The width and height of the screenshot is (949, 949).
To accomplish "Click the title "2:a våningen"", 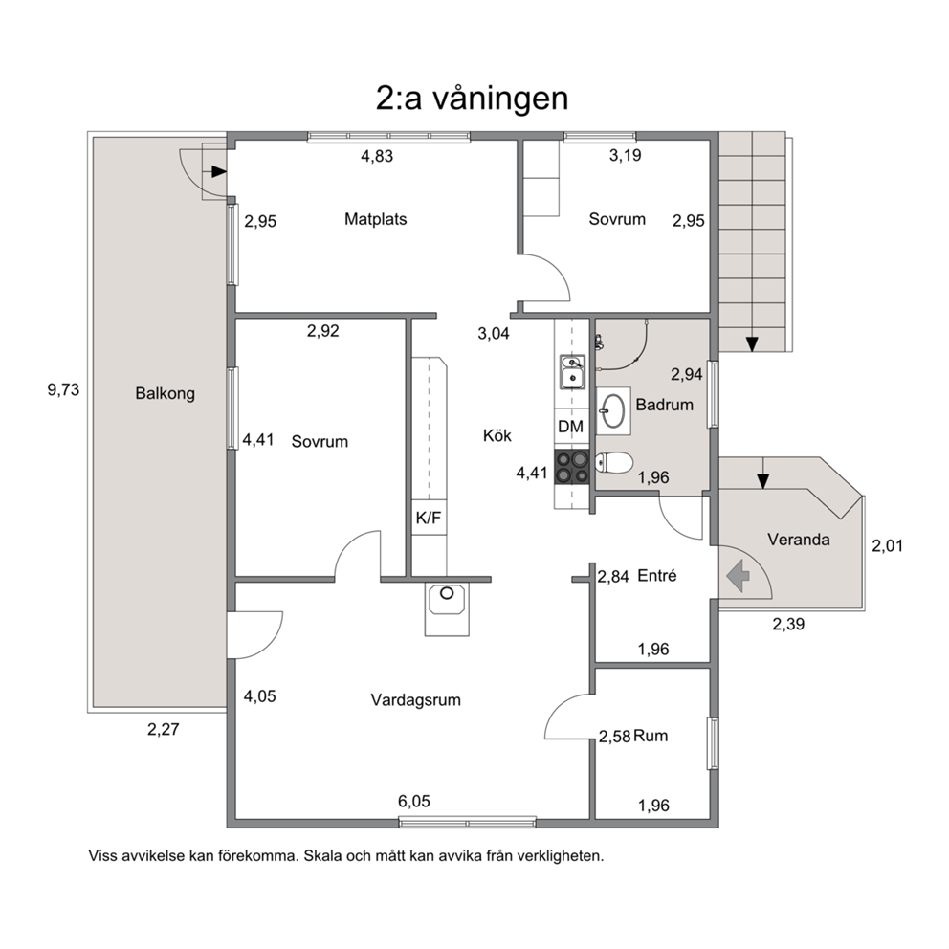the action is click(x=472, y=99).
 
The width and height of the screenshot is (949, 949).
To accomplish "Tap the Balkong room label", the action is click(x=165, y=394).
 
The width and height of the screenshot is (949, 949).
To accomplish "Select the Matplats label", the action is click(x=375, y=219).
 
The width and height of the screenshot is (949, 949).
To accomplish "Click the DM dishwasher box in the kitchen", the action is click(x=571, y=427).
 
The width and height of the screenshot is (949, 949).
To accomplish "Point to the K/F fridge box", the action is click(x=429, y=519).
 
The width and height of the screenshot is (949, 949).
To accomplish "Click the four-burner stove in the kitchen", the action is click(x=572, y=467).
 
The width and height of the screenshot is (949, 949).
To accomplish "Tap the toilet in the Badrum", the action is click(x=614, y=463).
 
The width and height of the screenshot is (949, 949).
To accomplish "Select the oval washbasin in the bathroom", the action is click(x=614, y=411).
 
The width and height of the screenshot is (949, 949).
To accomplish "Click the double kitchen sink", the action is click(x=571, y=371).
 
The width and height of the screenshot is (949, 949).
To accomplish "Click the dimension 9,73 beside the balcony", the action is click(x=63, y=389).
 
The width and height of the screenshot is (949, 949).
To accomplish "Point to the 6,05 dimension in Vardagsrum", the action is click(x=414, y=802).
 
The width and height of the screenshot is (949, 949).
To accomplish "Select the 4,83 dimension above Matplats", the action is click(x=377, y=156).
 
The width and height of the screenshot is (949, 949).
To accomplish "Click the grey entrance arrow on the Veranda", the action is click(x=738, y=576).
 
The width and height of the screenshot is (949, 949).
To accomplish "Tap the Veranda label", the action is click(x=798, y=540).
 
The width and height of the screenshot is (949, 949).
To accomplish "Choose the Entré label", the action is click(x=657, y=576).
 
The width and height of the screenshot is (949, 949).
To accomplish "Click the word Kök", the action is click(x=497, y=436).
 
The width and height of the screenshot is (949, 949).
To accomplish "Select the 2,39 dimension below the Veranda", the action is click(x=788, y=624).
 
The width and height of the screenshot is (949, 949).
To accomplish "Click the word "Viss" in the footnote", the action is click(x=102, y=856).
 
